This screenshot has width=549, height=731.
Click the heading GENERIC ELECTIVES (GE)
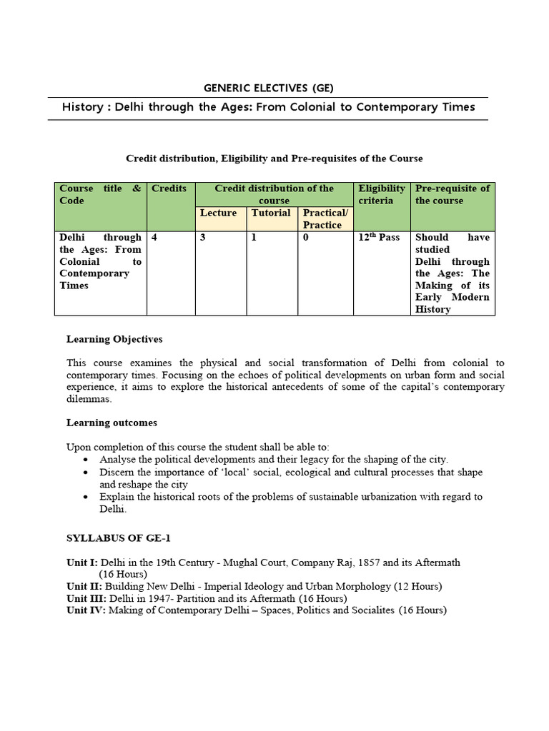tap(268, 89)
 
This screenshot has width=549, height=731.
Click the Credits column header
tap(169, 188)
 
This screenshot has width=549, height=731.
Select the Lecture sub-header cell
tap(218, 213)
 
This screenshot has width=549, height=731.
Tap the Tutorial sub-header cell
tap(271, 213)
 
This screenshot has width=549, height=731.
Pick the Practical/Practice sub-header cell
tap(325, 218)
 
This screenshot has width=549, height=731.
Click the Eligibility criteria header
tap(381, 194)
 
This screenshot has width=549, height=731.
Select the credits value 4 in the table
tap(154, 237)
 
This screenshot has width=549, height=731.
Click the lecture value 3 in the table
tap(203, 237)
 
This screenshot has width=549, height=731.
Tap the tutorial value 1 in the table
tap(254, 237)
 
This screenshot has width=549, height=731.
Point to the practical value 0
tap(306, 237)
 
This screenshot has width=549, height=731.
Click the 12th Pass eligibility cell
tap(379, 237)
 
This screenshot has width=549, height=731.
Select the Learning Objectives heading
tap(114, 339)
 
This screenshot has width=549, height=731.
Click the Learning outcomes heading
tap(112, 423)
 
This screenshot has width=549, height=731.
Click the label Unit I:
tap(81, 563)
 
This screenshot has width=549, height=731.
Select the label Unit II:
tap(84, 586)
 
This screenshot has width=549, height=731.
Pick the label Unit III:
tap(86, 598)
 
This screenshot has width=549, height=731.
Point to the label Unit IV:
tap(86, 610)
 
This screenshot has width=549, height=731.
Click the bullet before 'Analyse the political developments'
tap(86, 459)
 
